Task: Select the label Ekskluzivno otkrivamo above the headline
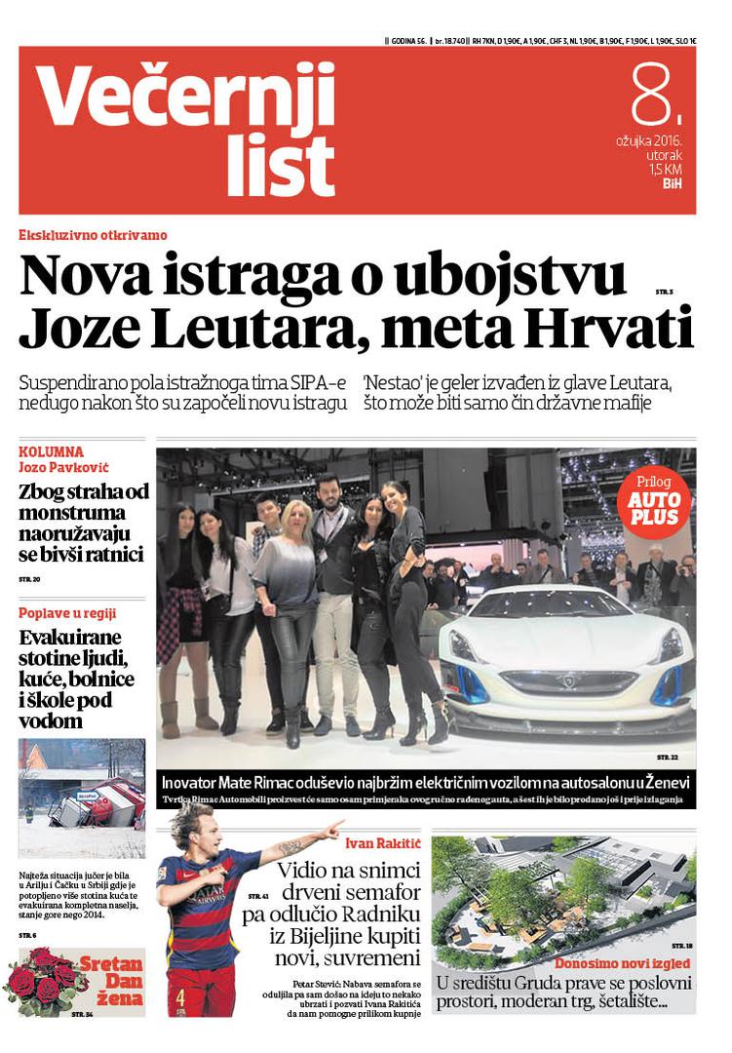click(93, 235)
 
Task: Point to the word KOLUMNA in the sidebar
click(52, 452)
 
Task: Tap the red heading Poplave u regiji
click(67, 613)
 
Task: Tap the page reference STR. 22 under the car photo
click(667, 757)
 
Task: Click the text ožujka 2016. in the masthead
click(648, 140)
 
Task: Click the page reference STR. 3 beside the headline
click(665, 292)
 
